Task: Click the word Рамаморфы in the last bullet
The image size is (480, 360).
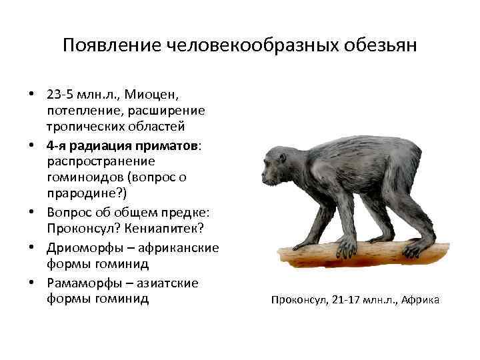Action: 83,283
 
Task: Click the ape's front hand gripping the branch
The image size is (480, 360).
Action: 346,248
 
